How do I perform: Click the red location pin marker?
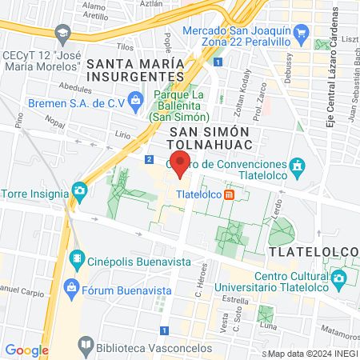click(x=181, y=164)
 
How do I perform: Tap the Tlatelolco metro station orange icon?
click(x=229, y=194)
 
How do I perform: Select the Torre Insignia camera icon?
click(x=79, y=190)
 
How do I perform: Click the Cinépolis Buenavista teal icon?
click(x=77, y=258)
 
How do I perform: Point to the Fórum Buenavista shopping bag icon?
click(x=72, y=286)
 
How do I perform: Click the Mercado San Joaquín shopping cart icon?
click(x=301, y=32)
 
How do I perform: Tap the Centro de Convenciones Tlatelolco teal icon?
click(x=297, y=165)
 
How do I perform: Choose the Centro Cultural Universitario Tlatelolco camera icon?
click(x=339, y=278)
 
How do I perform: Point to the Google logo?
click(x=26, y=350)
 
